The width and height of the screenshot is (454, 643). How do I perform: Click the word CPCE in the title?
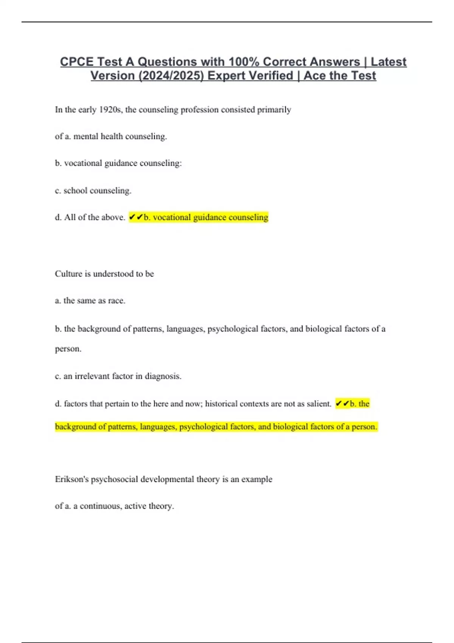pyautogui.click(x=77, y=62)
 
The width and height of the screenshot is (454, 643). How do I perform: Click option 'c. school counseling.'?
pyautogui.click(x=93, y=191)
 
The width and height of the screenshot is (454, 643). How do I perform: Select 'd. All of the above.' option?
pyautogui.click(x=90, y=217)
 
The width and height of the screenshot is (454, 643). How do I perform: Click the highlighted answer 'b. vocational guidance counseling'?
pyautogui.click(x=206, y=217)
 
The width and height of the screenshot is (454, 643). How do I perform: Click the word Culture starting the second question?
pyautogui.click(x=68, y=274)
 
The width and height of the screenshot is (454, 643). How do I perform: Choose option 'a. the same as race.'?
pyautogui.click(x=90, y=301)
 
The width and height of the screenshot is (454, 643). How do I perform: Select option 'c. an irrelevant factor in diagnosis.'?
pyautogui.click(x=118, y=376)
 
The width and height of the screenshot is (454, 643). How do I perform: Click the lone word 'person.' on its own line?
pyautogui.click(x=68, y=349)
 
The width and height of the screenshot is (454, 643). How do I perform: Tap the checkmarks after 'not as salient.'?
pyautogui.click(x=342, y=404)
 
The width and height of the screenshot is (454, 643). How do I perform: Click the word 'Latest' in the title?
pyautogui.click(x=389, y=62)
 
